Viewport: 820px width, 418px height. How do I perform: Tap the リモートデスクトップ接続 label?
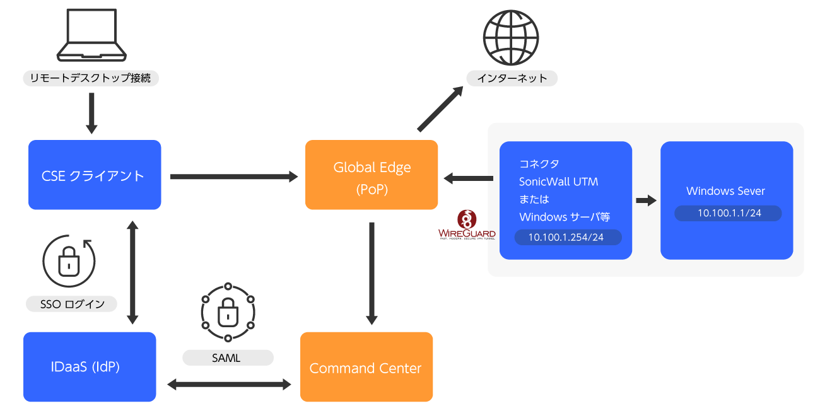click(x=91, y=79)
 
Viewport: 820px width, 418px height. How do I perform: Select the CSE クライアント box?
click(x=95, y=175)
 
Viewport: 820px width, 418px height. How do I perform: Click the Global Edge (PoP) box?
click(x=372, y=175)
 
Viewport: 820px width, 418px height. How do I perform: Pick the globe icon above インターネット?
click(x=511, y=36)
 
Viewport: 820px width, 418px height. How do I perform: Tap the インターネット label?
click(x=512, y=79)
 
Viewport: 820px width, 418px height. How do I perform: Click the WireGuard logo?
click(x=467, y=225)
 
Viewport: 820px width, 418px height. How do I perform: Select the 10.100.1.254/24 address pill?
click(x=566, y=237)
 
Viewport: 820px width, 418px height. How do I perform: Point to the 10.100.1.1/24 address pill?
click(x=729, y=213)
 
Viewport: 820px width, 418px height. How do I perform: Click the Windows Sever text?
click(x=725, y=191)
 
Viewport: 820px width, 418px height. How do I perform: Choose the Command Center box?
click(x=366, y=368)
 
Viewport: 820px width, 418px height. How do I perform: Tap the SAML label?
click(x=227, y=358)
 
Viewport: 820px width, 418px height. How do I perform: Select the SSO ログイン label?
click(x=71, y=305)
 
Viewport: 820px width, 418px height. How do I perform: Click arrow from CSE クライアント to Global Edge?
click(x=233, y=177)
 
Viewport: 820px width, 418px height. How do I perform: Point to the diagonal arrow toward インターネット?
click(x=440, y=110)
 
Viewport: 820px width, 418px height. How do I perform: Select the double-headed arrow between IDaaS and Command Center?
click(x=228, y=384)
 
